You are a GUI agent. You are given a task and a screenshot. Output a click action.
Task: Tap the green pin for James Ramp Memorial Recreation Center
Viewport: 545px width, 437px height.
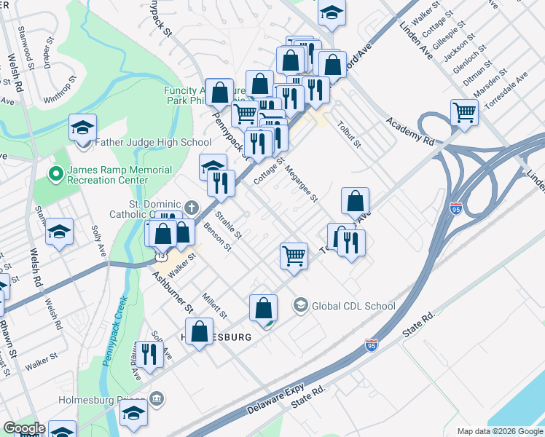(x=53, y=174)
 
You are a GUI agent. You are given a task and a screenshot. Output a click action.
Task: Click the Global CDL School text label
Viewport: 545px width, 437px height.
(x=353, y=307)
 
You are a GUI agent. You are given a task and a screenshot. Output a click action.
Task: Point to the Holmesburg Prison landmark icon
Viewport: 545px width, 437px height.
(x=157, y=398)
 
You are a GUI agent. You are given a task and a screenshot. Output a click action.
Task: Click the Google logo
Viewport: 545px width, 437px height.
(x=23, y=428)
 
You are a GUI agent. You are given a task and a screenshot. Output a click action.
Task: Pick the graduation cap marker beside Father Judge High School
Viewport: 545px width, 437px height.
(x=83, y=127)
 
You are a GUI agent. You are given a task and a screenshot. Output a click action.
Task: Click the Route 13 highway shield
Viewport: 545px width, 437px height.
(x=160, y=257)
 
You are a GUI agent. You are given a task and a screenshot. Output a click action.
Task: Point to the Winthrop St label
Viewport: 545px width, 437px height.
(x=60, y=87)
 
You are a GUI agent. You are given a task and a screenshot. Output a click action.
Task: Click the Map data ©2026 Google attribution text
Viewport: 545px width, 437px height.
(x=499, y=430)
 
